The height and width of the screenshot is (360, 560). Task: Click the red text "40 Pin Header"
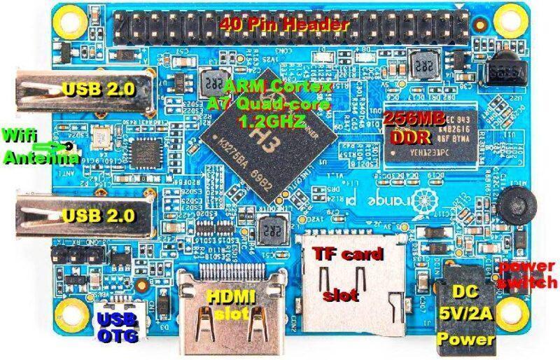[283, 25]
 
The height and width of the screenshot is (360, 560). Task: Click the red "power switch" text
[526, 275]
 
